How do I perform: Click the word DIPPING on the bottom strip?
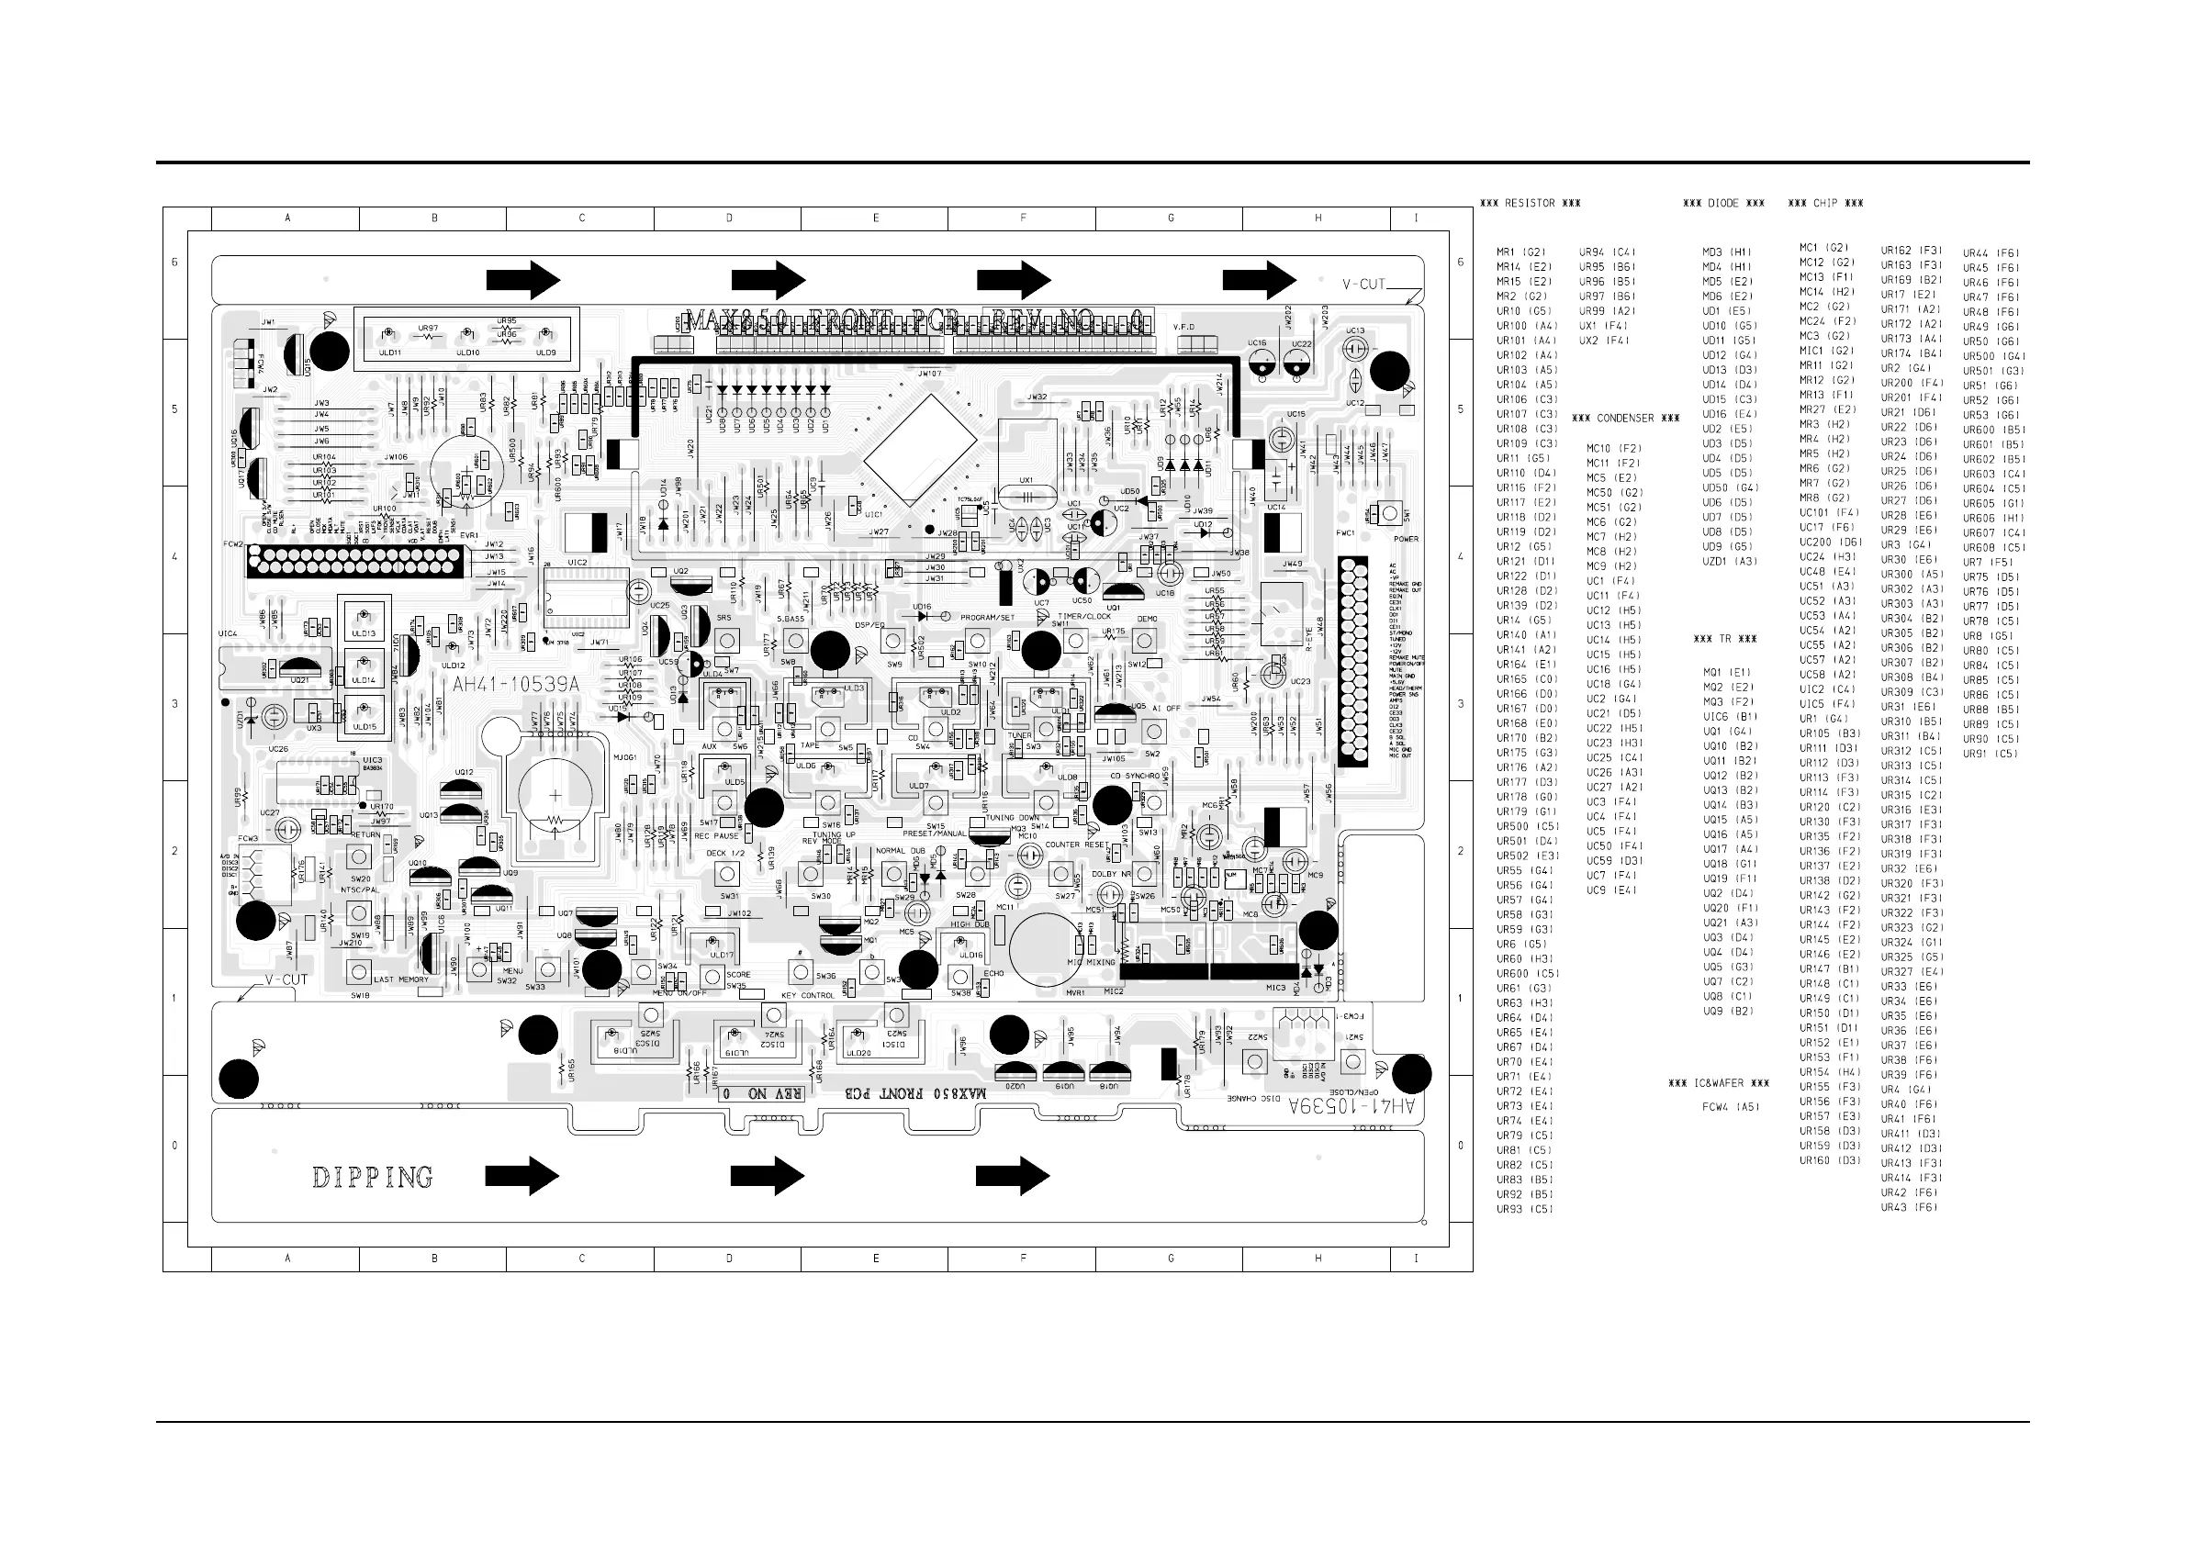[373, 1178]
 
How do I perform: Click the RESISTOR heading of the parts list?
[1531, 203]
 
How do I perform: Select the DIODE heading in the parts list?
[1723, 203]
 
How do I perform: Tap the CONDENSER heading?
[1625, 419]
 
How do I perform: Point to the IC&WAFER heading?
[1719, 1083]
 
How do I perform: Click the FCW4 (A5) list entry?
[1731, 1107]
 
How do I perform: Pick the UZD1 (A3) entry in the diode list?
[1730, 561]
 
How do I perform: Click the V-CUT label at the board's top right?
[1364, 284]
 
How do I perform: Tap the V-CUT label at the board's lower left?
[286, 979]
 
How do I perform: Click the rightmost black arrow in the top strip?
[1260, 280]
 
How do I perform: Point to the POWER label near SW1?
[1406, 539]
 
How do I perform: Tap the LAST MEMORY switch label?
[401, 979]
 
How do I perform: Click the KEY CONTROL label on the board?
[808, 995]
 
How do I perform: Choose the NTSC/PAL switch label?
[359, 889]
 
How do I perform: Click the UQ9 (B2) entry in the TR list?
[1728, 1011]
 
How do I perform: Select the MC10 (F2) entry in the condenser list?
[1613, 448]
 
